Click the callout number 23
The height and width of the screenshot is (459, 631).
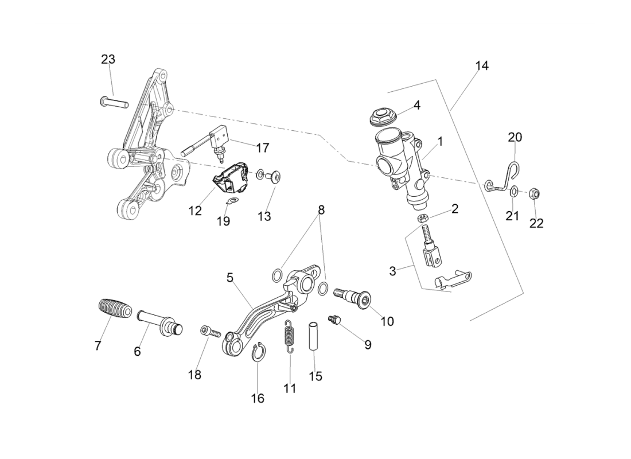(108, 59)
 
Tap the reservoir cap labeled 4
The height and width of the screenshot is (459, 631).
(382, 115)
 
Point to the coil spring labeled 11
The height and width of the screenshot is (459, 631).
(290, 336)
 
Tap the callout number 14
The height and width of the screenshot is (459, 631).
(482, 65)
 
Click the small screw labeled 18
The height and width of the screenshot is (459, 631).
(210, 330)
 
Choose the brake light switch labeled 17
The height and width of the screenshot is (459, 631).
(212, 143)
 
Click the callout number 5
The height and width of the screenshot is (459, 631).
(230, 278)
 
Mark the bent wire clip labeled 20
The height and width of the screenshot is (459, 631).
(503, 178)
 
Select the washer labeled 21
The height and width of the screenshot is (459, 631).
(514, 190)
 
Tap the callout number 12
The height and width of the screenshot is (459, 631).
(195, 211)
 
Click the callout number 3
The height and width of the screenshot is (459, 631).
(392, 271)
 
